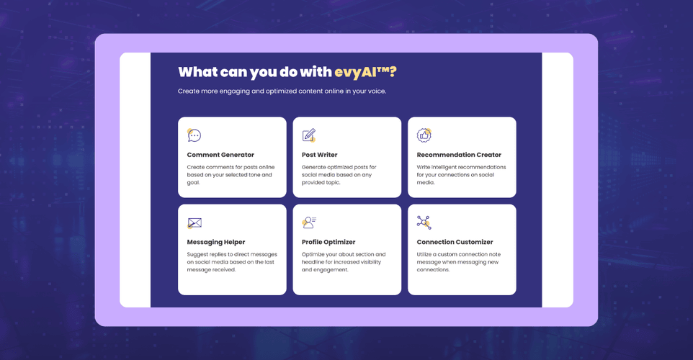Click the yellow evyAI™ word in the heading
362,72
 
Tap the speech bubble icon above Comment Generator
194,135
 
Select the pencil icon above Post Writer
309,135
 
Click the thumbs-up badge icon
424,135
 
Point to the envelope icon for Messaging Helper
195,223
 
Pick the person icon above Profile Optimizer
309,222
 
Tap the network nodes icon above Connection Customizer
424,222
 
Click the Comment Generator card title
220,155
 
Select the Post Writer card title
320,155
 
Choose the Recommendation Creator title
459,155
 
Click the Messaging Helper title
216,242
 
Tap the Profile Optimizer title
328,242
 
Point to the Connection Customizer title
455,242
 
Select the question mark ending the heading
393,72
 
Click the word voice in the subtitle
377,91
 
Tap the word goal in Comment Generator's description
193,182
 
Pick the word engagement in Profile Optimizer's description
331,270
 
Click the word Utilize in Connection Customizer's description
424,254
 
